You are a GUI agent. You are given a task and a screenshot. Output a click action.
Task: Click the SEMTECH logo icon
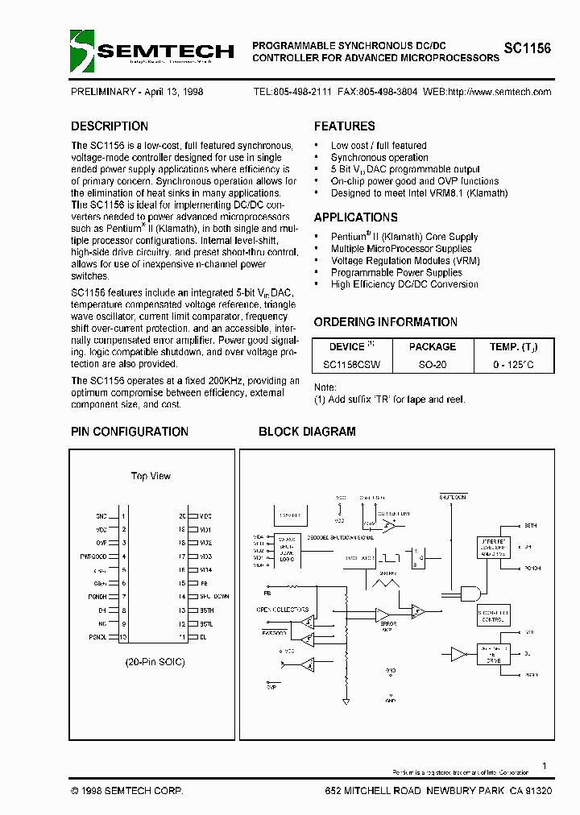[x=82, y=50]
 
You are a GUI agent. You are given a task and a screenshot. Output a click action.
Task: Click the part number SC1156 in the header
[x=528, y=48]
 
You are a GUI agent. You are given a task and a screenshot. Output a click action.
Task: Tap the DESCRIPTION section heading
[x=110, y=126]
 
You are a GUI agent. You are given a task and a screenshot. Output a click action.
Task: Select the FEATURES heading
[x=344, y=126]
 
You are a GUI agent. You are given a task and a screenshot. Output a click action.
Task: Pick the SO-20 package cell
[x=433, y=365]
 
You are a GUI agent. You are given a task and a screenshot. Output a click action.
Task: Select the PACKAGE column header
[x=433, y=347]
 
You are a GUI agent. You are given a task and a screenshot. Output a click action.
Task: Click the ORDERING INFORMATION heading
[x=386, y=322]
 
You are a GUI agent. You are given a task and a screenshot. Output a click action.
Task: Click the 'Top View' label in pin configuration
[x=151, y=476]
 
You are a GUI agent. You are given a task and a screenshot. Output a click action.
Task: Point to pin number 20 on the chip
[x=183, y=515]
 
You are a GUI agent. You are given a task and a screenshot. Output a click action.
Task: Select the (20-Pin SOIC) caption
[x=155, y=662]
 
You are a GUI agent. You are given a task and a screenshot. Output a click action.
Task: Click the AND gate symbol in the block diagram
[x=468, y=594]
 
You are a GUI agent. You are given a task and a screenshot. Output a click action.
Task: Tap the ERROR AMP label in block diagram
[x=389, y=626]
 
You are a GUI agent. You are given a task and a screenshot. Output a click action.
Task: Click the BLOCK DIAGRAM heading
[x=307, y=432]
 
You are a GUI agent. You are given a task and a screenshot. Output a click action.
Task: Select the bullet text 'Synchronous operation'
[x=379, y=158]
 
